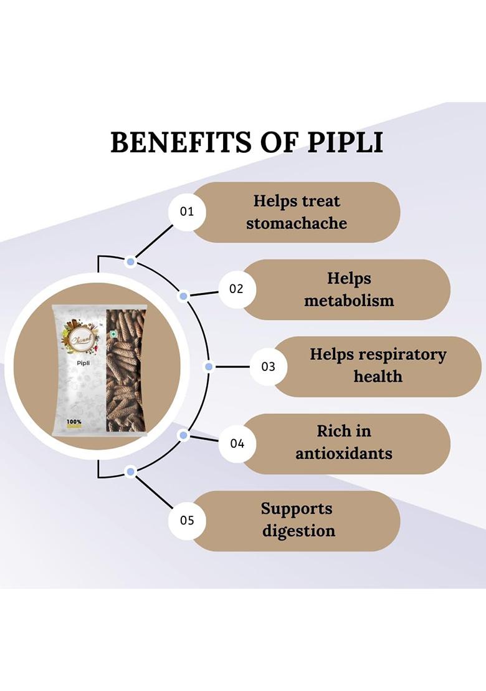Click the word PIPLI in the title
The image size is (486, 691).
(x=345, y=142)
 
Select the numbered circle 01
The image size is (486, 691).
(x=187, y=211)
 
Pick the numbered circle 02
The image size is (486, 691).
(x=236, y=289)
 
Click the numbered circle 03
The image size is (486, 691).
(x=268, y=367)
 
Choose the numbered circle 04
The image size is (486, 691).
(x=237, y=444)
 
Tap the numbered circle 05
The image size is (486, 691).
(x=187, y=520)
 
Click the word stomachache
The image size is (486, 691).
(x=297, y=223)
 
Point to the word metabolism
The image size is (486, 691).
(x=349, y=301)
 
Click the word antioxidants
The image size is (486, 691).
(x=344, y=453)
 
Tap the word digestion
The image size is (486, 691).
(x=298, y=531)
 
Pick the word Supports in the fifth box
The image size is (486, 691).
(x=297, y=508)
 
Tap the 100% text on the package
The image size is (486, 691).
(x=74, y=422)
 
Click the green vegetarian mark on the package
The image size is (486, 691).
(x=114, y=334)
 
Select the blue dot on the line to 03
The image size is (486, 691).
(x=209, y=367)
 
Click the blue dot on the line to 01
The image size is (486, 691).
(x=130, y=262)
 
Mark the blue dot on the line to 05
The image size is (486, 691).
(x=130, y=471)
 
